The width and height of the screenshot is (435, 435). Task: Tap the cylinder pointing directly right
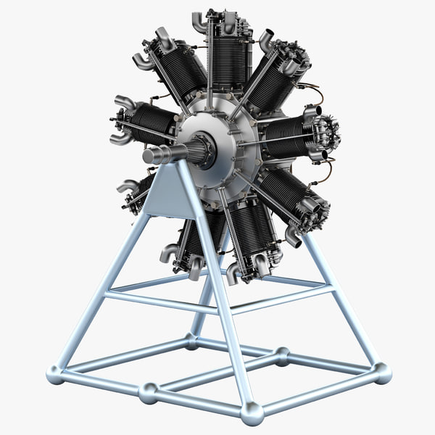tap(286, 138)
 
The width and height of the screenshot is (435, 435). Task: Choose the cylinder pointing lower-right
tap(283, 196)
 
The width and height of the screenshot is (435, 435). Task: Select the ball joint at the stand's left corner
tap(55, 374)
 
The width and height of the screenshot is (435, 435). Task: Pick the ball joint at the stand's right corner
tap(383, 373)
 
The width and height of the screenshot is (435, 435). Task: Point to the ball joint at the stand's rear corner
tap(191, 340)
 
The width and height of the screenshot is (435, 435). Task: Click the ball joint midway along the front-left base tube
tap(148, 394)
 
